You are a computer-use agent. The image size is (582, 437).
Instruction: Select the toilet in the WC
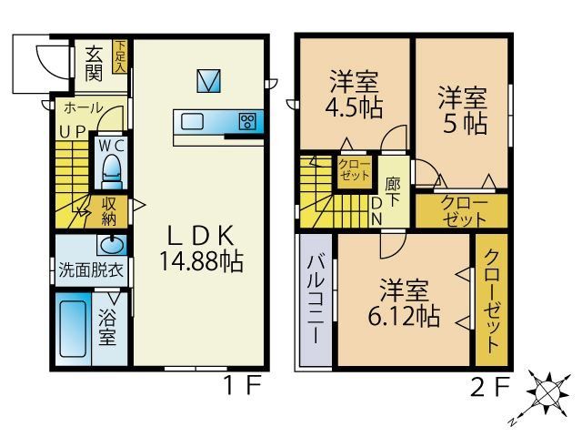pos(113,170)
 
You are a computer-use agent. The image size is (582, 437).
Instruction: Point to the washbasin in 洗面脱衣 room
pos(111,245)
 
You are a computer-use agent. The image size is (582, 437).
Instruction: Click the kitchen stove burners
pos(247,122)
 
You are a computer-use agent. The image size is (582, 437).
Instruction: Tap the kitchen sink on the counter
pos(194,122)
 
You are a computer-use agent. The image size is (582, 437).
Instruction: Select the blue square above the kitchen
pos(208,81)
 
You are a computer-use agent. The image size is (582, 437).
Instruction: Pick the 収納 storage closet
pos(110,211)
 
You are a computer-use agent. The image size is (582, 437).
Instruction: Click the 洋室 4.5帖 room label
pos(355,94)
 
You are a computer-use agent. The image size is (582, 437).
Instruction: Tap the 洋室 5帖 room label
pos(461,109)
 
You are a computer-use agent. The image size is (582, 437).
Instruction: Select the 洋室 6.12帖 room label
pos(406,303)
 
